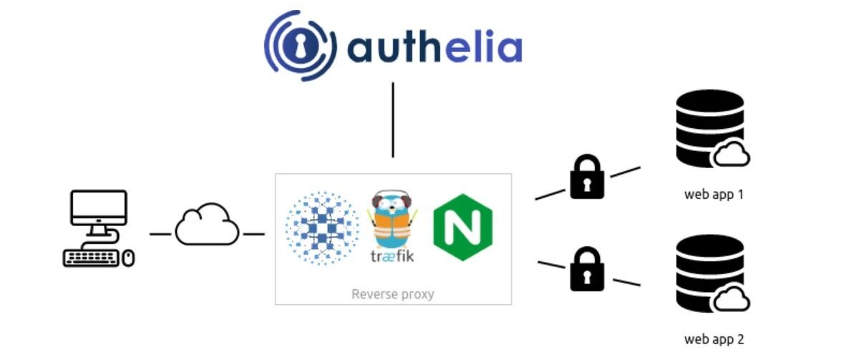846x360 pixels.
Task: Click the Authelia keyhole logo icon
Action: [x=300, y=45]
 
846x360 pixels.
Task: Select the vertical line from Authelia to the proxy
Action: [x=393, y=120]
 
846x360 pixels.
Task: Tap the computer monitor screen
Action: [x=99, y=208]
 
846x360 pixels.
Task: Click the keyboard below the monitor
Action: [x=91, y=258]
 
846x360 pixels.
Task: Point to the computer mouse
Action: [x=128, y=258]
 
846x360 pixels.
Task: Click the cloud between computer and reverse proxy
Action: [x=207, y=225]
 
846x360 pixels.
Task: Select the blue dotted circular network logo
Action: [x=322, y=228]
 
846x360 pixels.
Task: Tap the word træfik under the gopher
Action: [x=392, y=256]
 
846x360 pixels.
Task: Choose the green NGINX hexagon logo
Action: [x=463, y=227]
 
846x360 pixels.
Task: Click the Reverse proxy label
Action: [x=393, y=294]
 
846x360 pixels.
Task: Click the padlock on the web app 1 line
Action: [x=588, y=177]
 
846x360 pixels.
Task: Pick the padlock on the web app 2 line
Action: [x=588, y=269]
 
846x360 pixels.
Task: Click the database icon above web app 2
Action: [x=712, y=274]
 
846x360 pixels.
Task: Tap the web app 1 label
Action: [x=714, y=194]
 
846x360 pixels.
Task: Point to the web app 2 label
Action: [x=714, y=339]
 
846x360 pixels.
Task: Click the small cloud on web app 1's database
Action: [x=731, y=155]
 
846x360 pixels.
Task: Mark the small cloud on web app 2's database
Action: [x=731, y=300]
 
